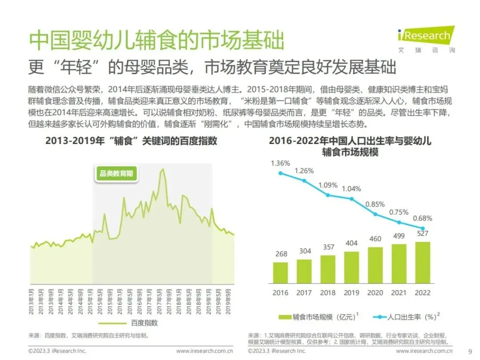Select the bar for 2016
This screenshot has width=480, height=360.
pos(280,272)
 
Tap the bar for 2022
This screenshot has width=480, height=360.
pos(423,262)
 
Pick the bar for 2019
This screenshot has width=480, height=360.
pos(352,267)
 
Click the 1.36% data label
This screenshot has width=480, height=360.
pos(280,163)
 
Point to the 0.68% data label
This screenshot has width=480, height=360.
pos(423,218)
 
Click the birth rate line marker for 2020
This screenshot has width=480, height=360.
pos(375,214)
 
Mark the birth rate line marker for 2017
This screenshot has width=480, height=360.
pos(304,181)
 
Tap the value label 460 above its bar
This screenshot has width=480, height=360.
pos(375,239)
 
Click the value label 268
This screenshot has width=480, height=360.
pos(281,254)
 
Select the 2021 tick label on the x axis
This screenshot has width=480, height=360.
pos(399,292)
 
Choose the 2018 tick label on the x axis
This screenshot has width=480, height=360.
pos(328,292)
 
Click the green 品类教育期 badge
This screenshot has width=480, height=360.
pos(116,174)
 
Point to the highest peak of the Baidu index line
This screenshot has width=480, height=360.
pos(163,169)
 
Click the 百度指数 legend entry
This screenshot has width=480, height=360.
pos(128,323)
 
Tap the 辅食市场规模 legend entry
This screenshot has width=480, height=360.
pos(318,317)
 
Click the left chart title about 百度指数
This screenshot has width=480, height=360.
pos(131,141)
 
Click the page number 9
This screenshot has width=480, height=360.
pos(470,352)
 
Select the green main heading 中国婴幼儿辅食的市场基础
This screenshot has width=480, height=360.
pos(156,40)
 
